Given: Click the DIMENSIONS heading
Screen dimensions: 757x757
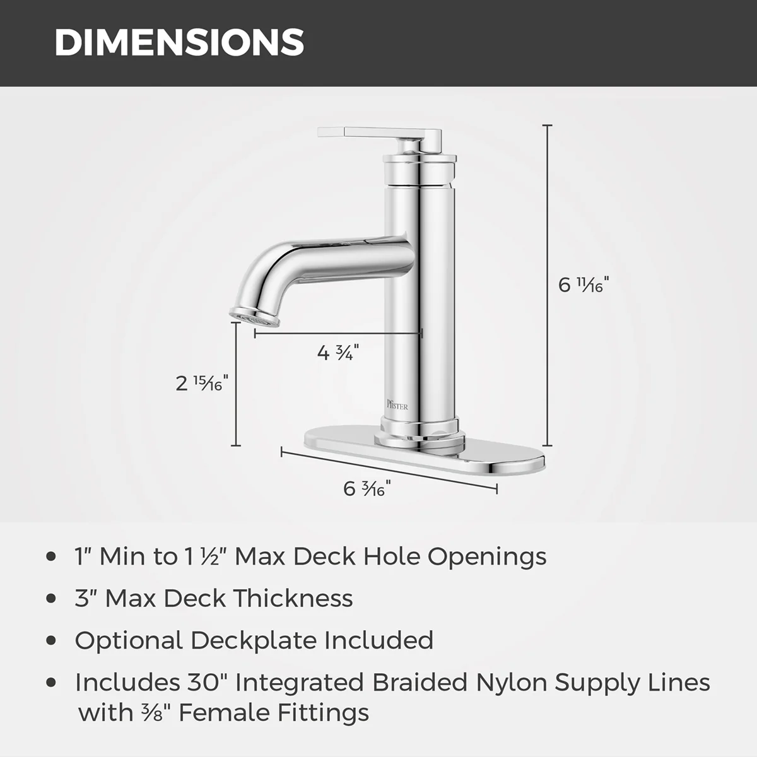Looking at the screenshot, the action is point(179,42).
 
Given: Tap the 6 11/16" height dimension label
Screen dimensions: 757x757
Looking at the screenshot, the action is point(584,285).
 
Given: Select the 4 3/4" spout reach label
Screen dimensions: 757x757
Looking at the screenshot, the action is point(338,353).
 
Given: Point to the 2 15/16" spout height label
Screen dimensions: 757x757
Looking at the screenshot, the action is point(201,383).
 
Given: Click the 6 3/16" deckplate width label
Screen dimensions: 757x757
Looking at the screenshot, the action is point(367,488).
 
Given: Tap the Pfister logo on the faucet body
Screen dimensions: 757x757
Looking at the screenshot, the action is point(397,404).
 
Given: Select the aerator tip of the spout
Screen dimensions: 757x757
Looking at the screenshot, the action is point(255,316).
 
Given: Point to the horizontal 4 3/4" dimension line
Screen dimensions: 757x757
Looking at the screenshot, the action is point(338,334).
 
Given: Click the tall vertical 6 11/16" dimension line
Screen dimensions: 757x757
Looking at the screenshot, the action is point(547,285).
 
